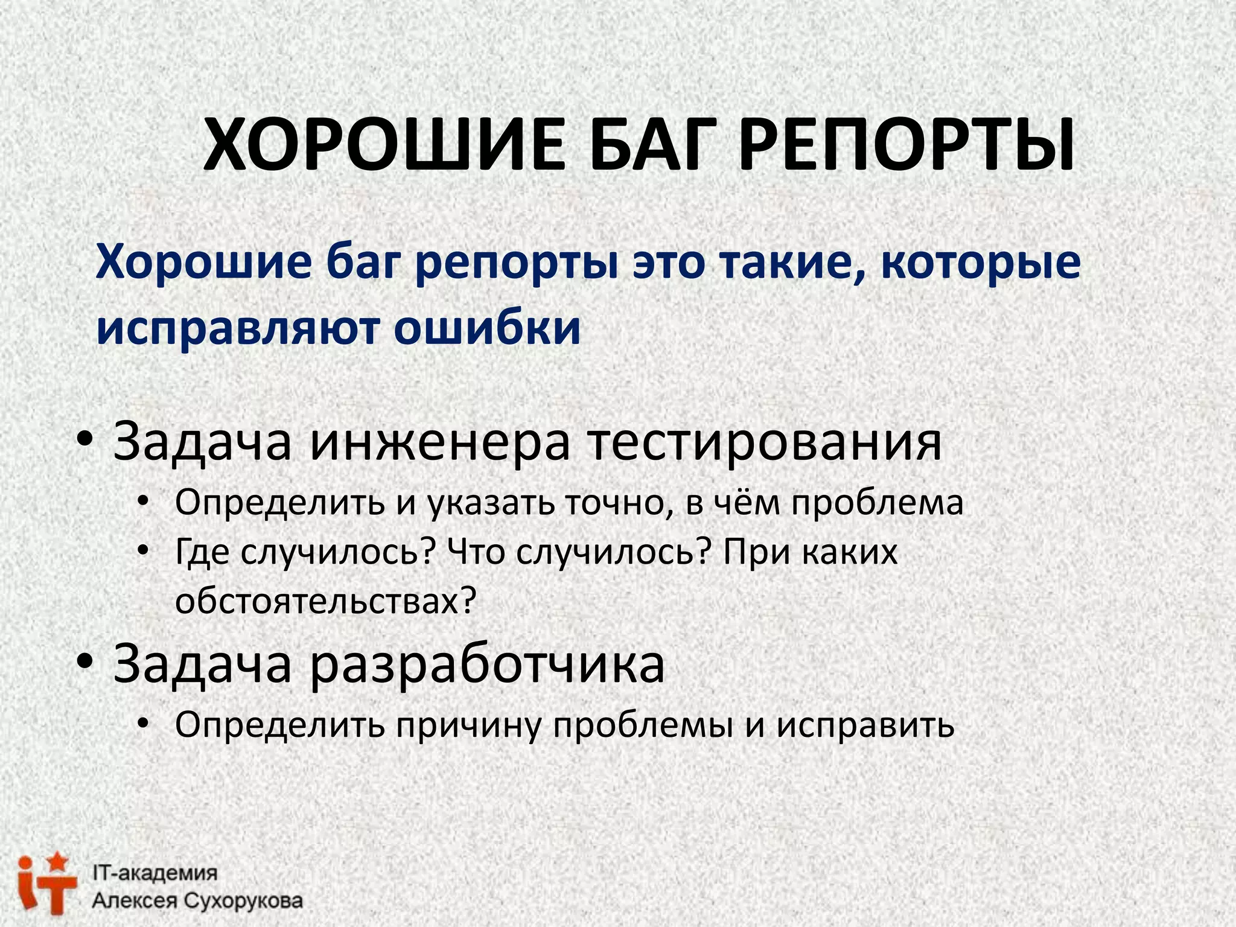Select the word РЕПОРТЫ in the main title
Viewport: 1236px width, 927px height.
[905, 146]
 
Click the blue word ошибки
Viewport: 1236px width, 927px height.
[487, 328]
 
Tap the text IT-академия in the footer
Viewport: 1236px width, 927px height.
[154, 873]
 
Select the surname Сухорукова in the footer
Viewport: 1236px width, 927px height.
[243, 901]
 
